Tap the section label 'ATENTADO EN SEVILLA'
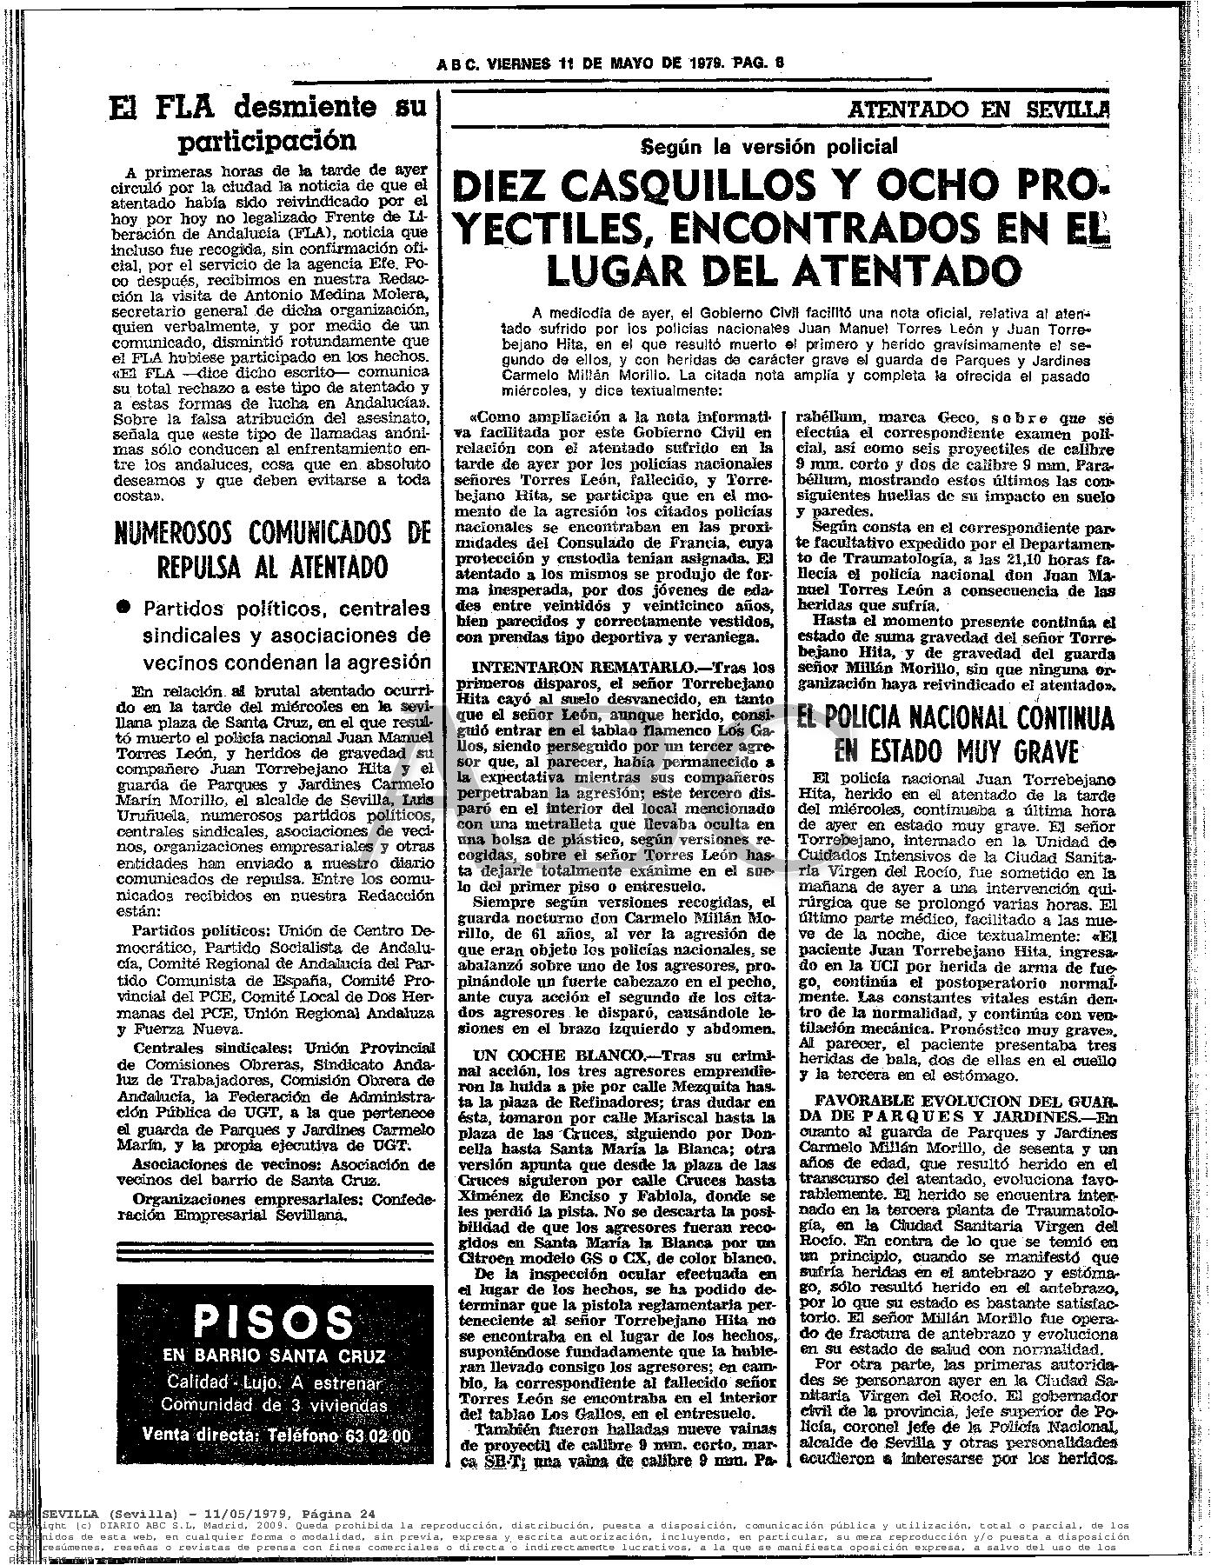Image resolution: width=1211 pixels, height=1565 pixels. click(x=980, y=110)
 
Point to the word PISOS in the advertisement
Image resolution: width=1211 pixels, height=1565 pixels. click(x=270, y=1324)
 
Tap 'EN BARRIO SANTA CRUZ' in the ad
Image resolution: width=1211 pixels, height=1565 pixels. click(x=270, y=1356)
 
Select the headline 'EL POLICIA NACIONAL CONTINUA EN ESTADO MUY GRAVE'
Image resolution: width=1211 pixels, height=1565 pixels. click(x=955, y=733)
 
